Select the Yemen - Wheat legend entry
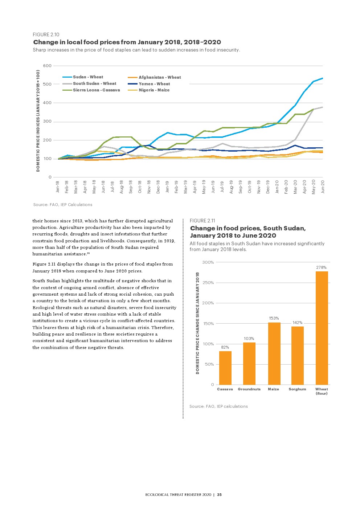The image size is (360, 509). click(154, 84)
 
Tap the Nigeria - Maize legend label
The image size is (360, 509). click(154, 90)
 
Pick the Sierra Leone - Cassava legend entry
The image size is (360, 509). click(96, 90)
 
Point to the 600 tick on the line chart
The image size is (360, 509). click(48, 66)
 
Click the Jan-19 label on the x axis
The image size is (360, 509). click(167, 186)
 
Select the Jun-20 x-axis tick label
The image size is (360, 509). click(323, 186)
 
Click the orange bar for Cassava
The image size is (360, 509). click(225, 368)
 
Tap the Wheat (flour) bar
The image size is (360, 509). click(322, 328)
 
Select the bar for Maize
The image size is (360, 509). click(274, 353)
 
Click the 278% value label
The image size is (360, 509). click(321, 267)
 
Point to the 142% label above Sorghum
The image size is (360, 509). click(298, 323)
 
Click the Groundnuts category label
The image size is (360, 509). click(249, 389)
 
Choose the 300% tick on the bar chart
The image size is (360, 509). click(208, 262)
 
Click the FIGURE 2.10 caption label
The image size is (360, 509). click(46, 34)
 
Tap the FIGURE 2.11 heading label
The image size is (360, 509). click(202, 221)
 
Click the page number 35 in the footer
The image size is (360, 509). click(220, 495)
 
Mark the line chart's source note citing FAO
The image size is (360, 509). click(63, 205)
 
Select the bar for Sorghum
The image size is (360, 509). click(298, 356)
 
